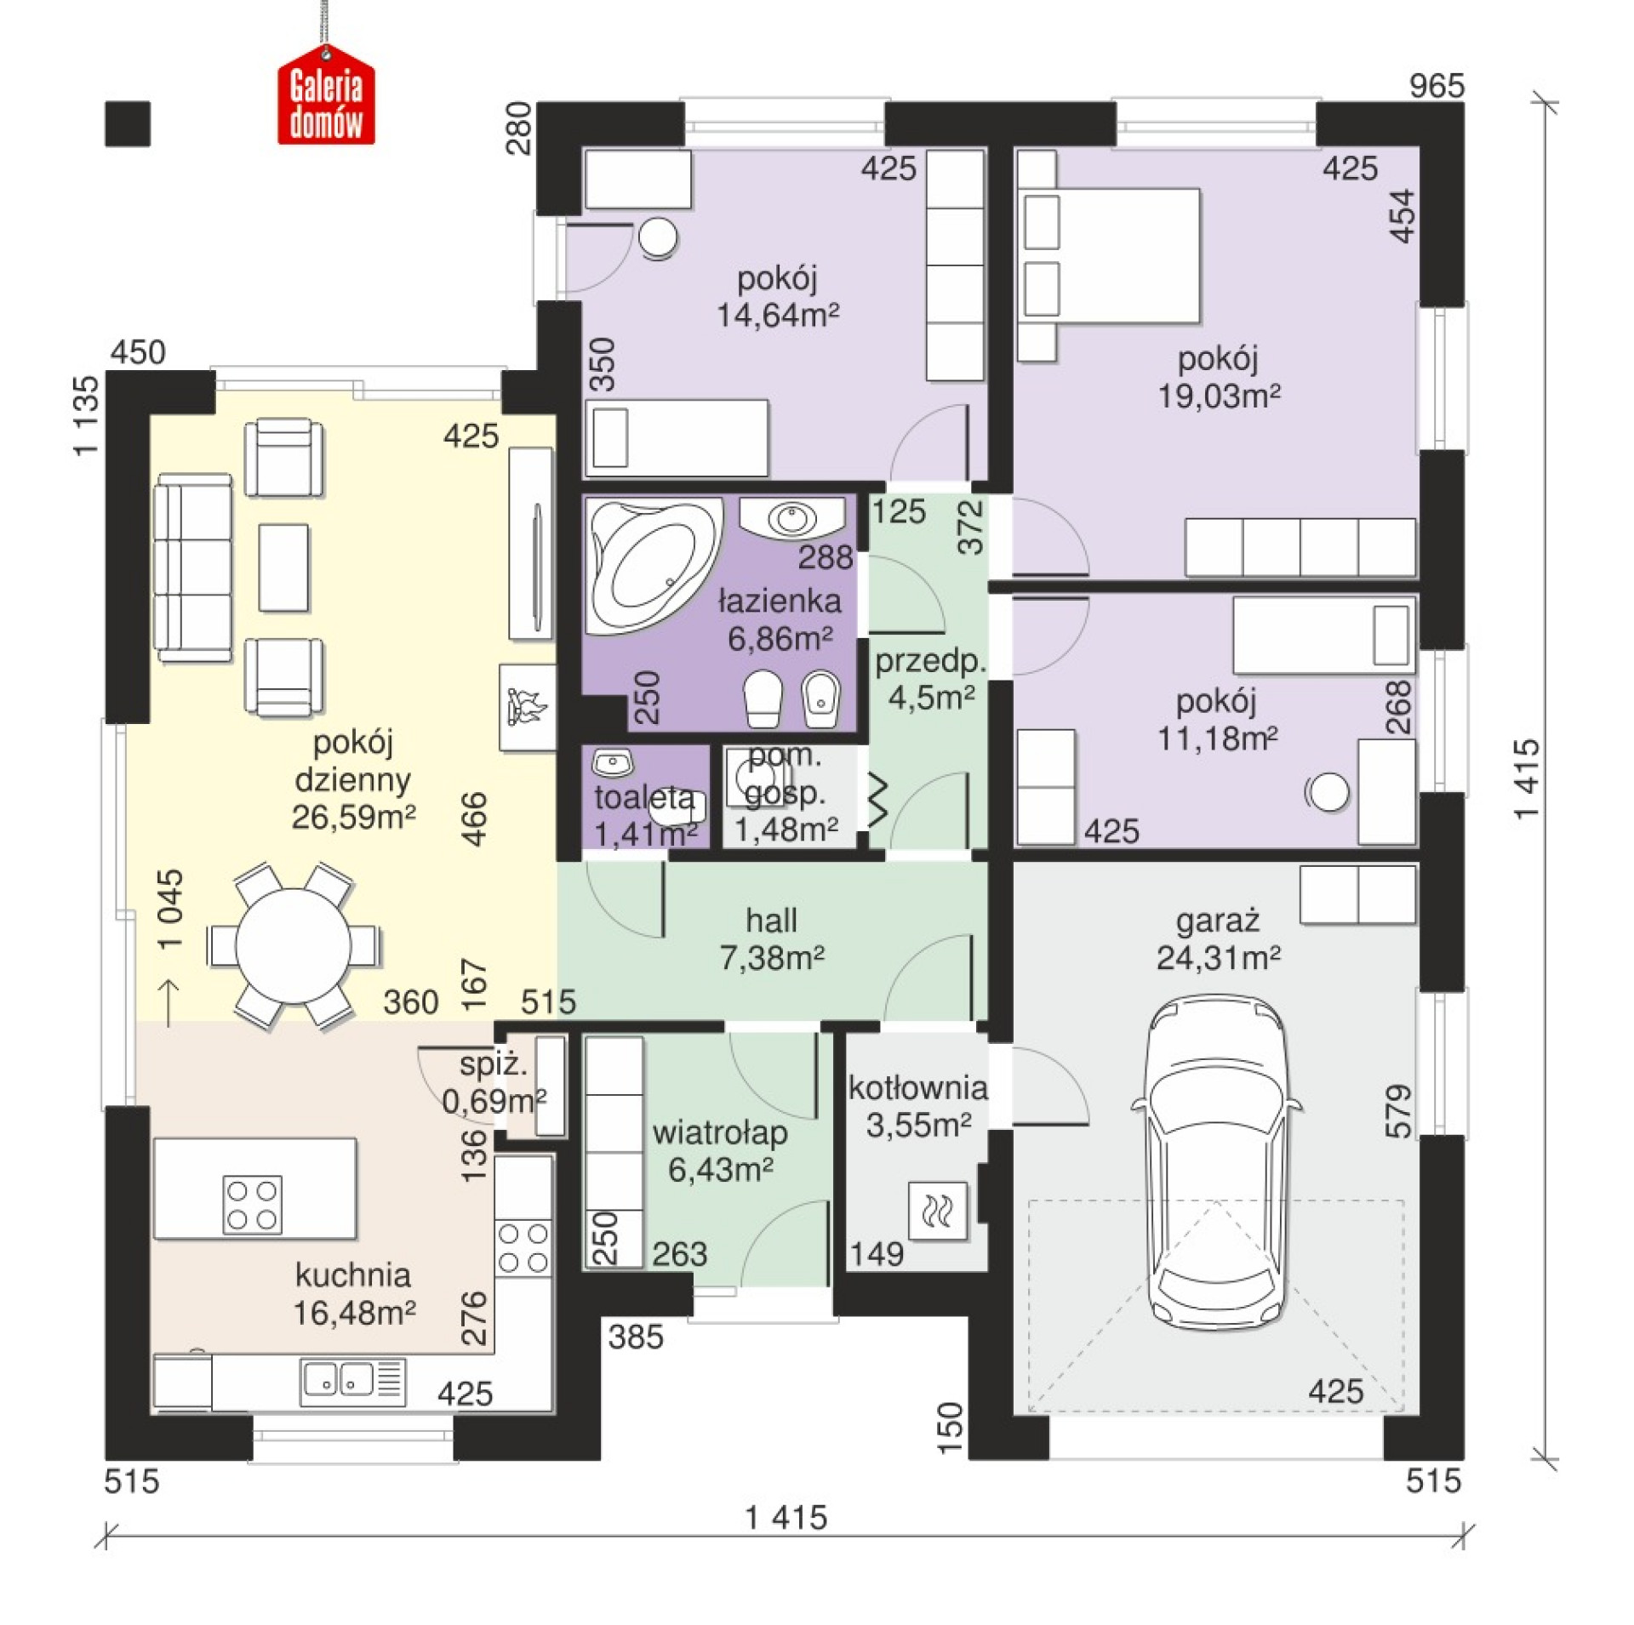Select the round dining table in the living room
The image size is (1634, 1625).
[x=293, y=945]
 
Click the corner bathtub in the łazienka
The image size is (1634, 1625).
[x=651, y=564]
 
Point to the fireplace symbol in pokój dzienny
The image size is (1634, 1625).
[x=527, y=707]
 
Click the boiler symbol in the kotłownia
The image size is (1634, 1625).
[x=938, y=1209]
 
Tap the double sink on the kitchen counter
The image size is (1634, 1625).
[x=352, y=1381]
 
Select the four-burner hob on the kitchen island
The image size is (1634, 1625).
[x=253, y=1204]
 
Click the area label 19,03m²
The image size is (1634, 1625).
[x=1219, y=396]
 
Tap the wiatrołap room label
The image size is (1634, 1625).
[x=720, y=1133]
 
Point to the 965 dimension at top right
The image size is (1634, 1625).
[x=1437, y=86]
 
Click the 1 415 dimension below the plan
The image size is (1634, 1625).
[x=786, y=1518]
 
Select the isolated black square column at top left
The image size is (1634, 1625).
[x=128, y=124]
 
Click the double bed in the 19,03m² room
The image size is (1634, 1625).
[x=1108, y=256]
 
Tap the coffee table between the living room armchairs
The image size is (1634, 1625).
[x=283, y=567]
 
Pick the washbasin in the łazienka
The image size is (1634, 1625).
[x=792, y=517]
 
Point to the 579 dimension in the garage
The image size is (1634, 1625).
[x=1398, y=1111]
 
